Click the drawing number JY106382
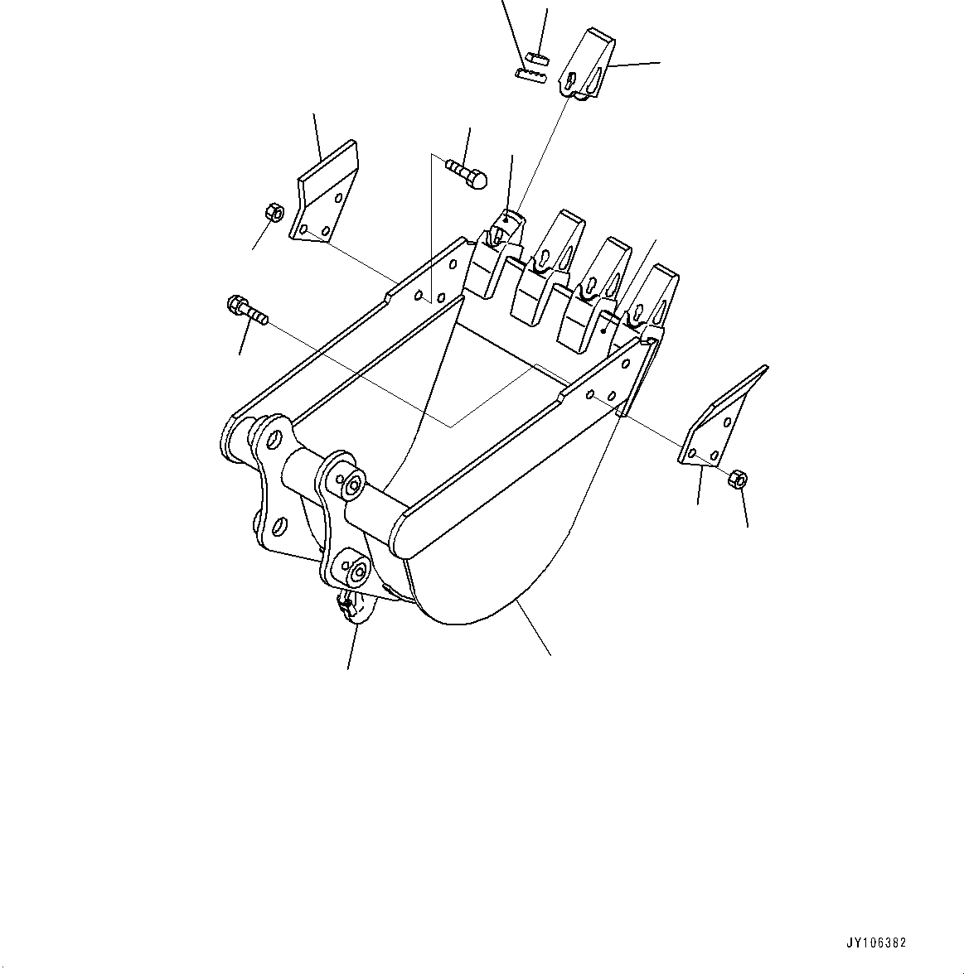876,943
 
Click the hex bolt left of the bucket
245,310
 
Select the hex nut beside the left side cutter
273,212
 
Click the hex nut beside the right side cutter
737,480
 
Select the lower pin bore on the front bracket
357,571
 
